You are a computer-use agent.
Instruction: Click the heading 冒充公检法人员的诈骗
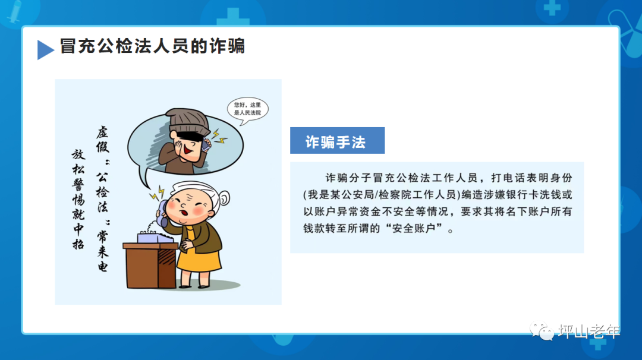(152, 46)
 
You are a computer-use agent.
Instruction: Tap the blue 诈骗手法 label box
(337, 141)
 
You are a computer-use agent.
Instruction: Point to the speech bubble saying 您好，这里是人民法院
(247, 108)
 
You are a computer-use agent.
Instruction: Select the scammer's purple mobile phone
(205, 143)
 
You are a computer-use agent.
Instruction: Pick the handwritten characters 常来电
(102, 250)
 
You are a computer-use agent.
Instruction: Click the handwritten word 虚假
(102, 141)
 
